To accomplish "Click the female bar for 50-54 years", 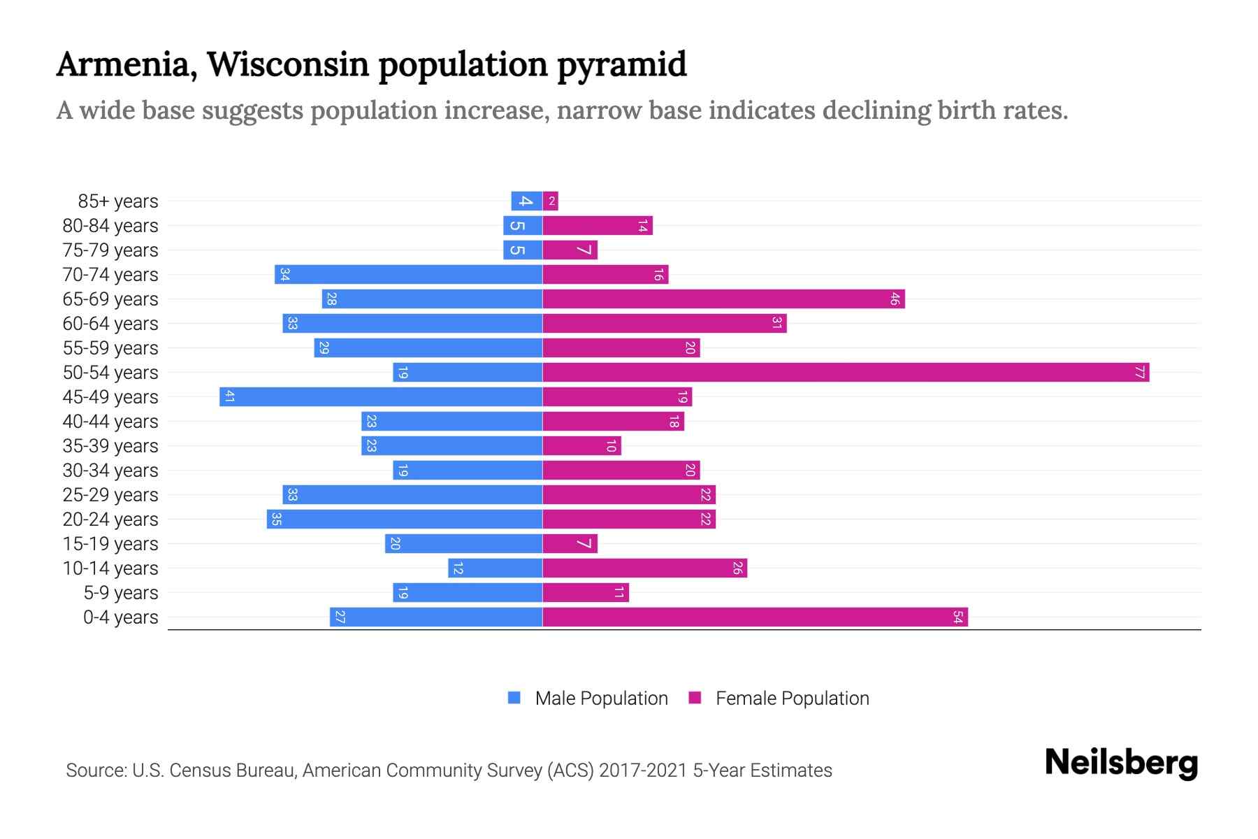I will [846, 373].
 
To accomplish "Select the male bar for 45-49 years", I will [381, 397].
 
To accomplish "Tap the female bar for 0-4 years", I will [755, 617].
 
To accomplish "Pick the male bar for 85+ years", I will [526, 201].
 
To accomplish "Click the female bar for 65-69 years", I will [723, 299].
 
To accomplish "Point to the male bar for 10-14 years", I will [495, 568].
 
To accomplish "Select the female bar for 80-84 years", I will [598, 226].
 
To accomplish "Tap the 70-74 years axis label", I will [110, 275].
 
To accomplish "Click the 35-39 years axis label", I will [110, 446].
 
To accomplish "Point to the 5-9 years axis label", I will [121, 593].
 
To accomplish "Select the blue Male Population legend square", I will [514, 698].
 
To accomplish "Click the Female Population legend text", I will [792, 698].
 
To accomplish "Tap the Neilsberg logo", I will [1121, 763].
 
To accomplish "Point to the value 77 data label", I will [1140, 373].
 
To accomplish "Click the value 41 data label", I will [229, 397].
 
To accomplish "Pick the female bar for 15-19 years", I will [570, 544].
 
